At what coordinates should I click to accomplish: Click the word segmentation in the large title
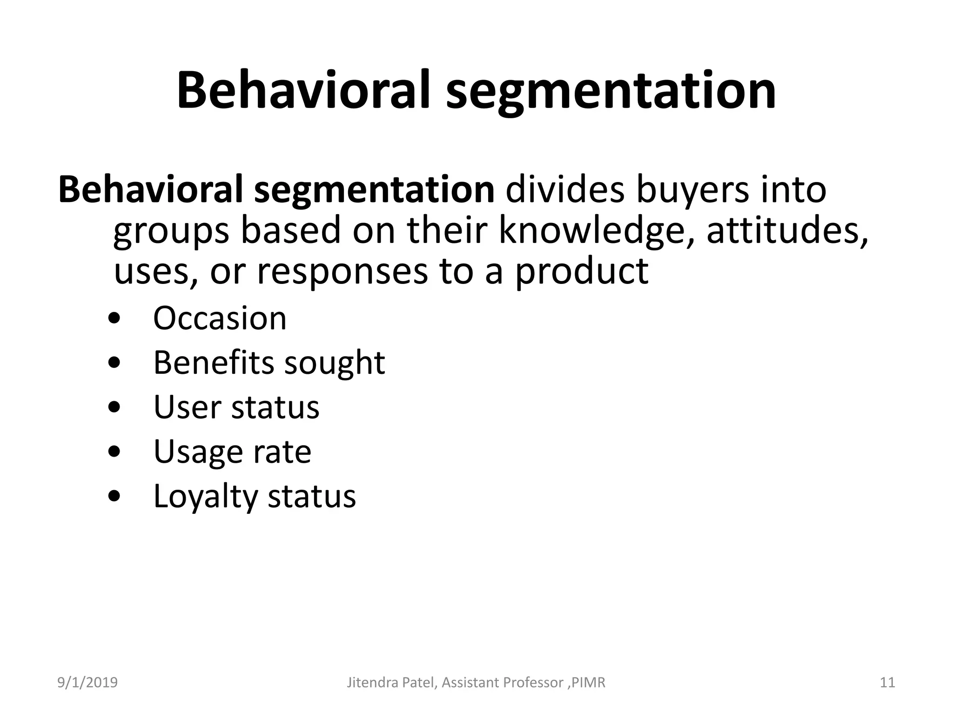pyautogui.click(x=611, y=92)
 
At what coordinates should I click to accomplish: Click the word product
pyautogui.click(x=581, y=271)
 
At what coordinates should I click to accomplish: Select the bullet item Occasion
pyautogui.click(x=220, y=318)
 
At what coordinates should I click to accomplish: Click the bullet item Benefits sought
pyautogui.click(x=269, y=363)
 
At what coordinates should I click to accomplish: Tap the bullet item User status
pyautogui.click(x=236, y=407)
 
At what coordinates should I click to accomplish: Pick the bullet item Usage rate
pyautogui.click(x=232, y=452)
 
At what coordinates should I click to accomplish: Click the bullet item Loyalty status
pyautogui.click(x=255, y=496)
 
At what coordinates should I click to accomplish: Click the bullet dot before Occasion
pyautogui.click(x=114, y=319)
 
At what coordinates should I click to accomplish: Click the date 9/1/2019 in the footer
pyautogui.click(x=87, y=683)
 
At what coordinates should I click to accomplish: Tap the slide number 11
pyautogui.click(x=887, y=683)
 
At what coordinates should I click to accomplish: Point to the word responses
pyautogui.click(x=342, y=271)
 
